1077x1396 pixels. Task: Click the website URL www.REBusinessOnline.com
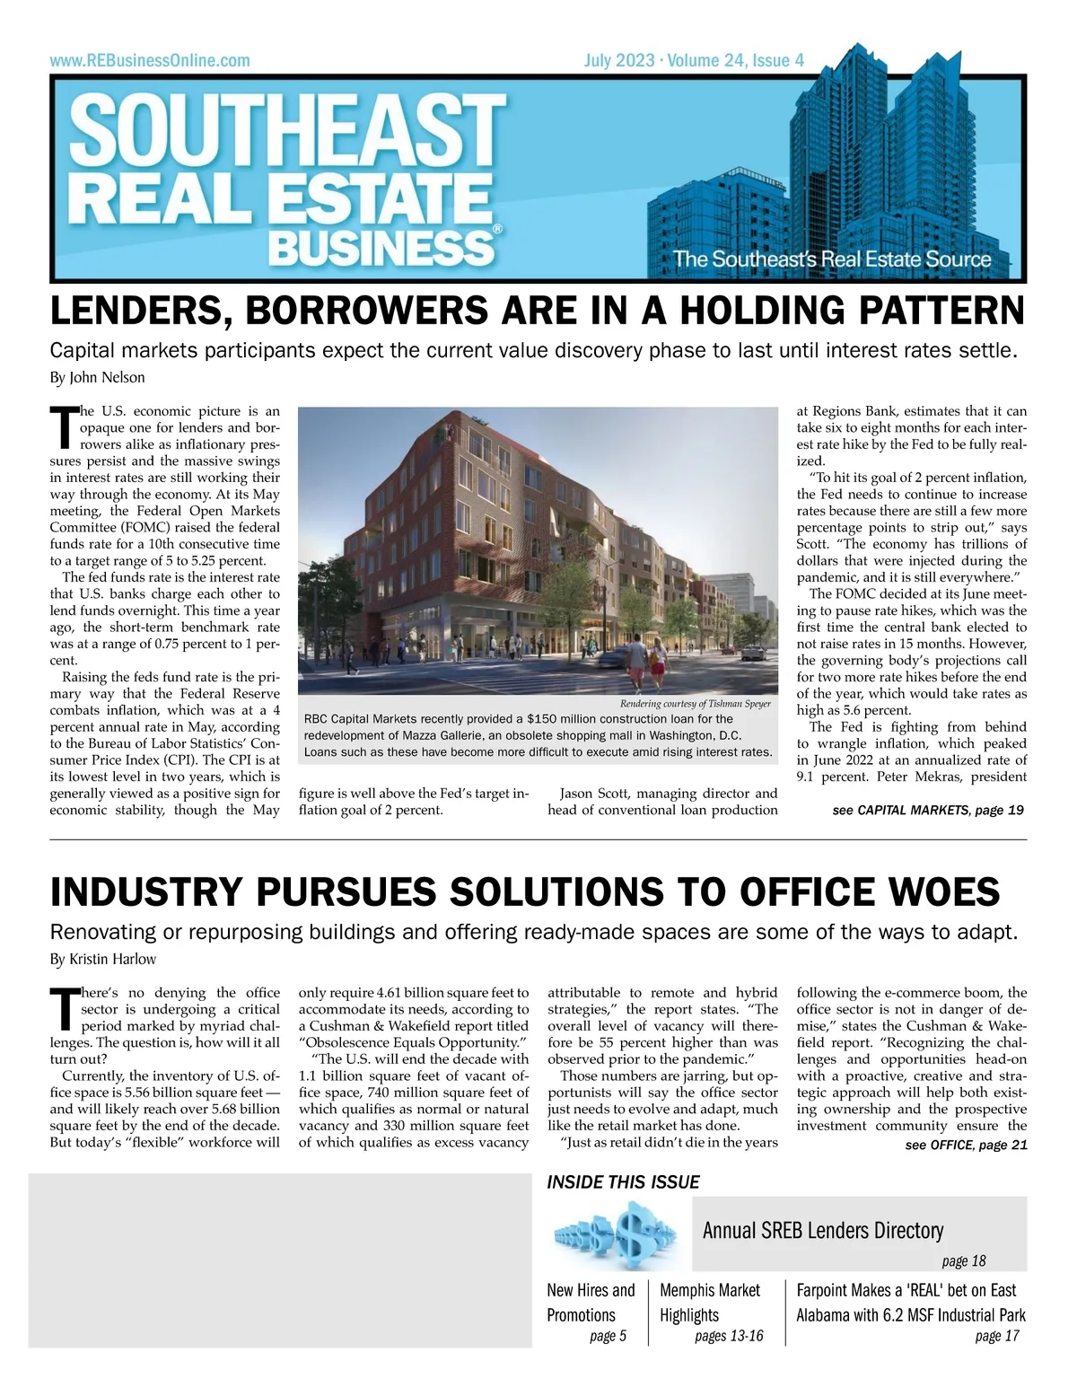pos(150,61)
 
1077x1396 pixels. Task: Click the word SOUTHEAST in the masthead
pos(287,131)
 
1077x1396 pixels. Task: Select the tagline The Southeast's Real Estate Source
pos(831,260)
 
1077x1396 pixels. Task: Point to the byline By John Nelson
pos(97,377)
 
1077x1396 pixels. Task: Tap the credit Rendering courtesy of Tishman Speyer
pos(695,704)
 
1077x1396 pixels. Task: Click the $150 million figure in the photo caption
pos(555,719)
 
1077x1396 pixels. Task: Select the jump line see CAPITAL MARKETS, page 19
pos(927,811)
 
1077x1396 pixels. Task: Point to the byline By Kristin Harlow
pos(103,959)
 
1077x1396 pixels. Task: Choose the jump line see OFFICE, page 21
pos(966,1146)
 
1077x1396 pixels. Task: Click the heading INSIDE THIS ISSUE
pos(623,1182)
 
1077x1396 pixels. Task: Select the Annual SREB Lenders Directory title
pos(822,1230)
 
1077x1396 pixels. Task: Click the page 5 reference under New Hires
pos(608,1337)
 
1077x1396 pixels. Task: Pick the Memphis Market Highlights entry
pos(709,1303)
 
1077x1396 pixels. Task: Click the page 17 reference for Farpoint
pos(997,1337)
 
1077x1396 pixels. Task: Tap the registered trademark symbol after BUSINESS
pos(497,230)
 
